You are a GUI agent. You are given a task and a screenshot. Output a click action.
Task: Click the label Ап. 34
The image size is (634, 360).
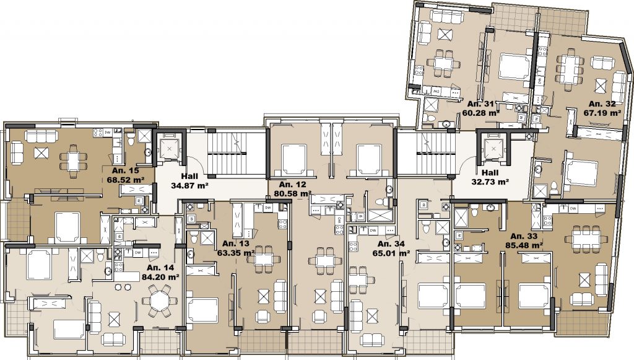click(x=391, y=244)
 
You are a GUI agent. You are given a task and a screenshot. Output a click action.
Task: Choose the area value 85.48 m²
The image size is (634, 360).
click(x=524, y=245)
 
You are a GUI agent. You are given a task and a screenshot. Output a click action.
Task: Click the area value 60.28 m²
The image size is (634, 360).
click(x=480, y=113)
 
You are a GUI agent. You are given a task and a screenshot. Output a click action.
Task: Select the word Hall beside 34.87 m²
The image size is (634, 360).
click(x=189, y=177)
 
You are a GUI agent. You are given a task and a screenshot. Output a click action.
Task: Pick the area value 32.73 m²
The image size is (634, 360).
click(x=490, y=182)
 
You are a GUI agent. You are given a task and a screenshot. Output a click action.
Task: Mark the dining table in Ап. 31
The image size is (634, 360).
click(x=443, y=63)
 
